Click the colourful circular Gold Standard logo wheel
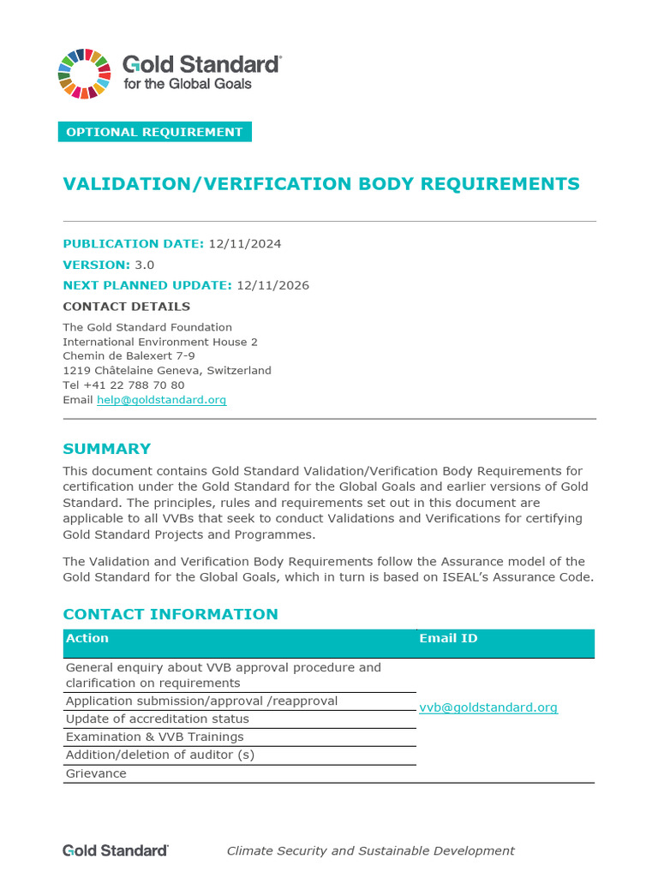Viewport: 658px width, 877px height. pos(84,73)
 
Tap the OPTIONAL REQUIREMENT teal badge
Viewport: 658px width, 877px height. pos(154,132)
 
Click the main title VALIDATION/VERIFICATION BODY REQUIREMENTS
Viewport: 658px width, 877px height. pos(321,184)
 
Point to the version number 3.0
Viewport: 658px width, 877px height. pos(144,265)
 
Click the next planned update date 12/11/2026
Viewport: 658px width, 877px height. pos(272,285)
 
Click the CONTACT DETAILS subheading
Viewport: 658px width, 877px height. pos(127,307)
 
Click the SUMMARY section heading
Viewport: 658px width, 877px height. pos(107,449)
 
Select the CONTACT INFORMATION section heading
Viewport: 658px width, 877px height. pos(170,614)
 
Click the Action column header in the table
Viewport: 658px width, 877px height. pos(87,638)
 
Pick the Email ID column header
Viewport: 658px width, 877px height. pos(448,638)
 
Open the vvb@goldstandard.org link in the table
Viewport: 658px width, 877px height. pos(488,707)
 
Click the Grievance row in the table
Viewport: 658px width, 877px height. pos(96,773)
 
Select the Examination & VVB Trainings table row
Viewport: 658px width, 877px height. pos(154,737)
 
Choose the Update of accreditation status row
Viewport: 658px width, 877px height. pos(158,719)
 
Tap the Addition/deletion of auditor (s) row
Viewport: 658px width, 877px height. pos(159,755)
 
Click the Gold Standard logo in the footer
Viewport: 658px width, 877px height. pos(116,850)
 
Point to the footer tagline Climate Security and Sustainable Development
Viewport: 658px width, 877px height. pos(370,850)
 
